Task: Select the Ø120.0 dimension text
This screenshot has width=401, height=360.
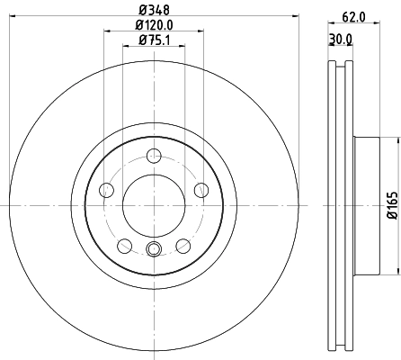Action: (153, 26)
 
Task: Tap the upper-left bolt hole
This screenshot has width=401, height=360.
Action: (106, 189)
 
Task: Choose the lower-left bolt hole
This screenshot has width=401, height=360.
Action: (124, 244)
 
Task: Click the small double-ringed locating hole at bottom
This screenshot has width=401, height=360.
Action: (153, 251)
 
